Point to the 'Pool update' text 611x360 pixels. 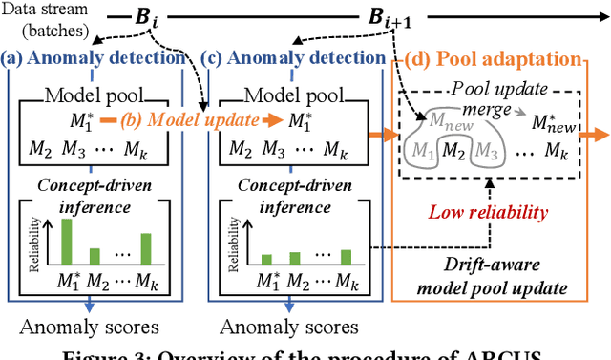(488, 87)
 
